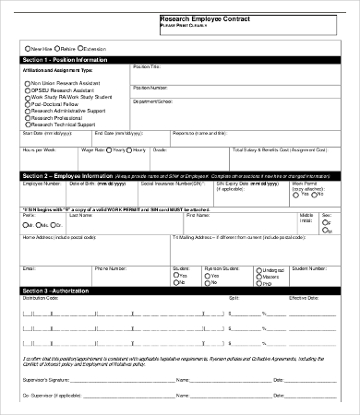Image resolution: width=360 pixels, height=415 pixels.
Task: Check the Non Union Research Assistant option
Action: tap(28, 82)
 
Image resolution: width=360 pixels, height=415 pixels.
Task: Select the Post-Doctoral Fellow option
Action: tap(28, 104)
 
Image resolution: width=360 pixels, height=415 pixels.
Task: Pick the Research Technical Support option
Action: tap(28, 124)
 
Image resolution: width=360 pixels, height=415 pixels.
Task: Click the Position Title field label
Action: tap(147, 67)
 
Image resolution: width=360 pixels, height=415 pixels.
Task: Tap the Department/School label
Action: tap(152, 101)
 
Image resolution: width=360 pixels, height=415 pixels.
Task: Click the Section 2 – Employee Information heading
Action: tap(66, 173)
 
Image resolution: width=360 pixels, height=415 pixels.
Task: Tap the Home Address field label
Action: tap(41, 237)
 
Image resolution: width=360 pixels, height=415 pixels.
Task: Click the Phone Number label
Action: tap(110, 267)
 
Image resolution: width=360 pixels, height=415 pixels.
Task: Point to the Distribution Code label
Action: tap(41, 299)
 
